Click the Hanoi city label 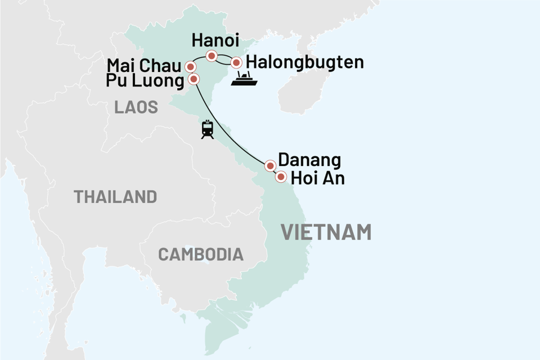pos(215,41)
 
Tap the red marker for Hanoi pos(211,56)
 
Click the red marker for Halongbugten pos(237,62)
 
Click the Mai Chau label pos(145,65)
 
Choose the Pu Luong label pos(145,81)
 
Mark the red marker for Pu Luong pos(193,79)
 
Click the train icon pos(207,129)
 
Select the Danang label pos(310,160)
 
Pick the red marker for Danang pos(270,165)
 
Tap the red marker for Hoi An pos(281,178)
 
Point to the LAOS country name pos(136,107)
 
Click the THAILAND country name pos(115,197)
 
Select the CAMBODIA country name pos(201,254)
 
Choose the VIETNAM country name pos(326,232)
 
